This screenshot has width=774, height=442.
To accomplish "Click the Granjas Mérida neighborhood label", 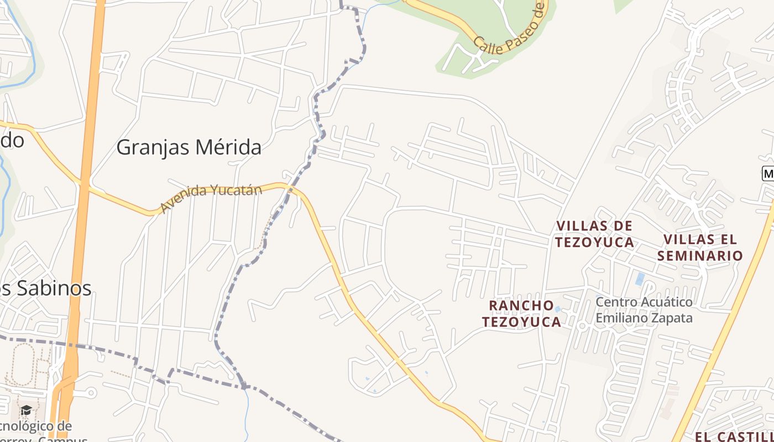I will (189, 148).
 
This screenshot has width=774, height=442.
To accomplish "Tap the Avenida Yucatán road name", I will (210, 198).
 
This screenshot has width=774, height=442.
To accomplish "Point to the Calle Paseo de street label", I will (509, 30).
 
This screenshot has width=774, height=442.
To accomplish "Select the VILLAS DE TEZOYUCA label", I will (594, 234).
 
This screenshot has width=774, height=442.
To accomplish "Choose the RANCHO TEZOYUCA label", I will (521, 313).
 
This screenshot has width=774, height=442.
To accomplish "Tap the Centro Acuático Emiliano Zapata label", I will (644, 310).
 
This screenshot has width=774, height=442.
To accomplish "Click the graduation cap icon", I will (26, 410).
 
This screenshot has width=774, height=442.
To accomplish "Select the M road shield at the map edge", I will (768, 173).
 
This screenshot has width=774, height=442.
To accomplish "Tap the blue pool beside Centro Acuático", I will (640, 279).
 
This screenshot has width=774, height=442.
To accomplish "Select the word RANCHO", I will (521, 306).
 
